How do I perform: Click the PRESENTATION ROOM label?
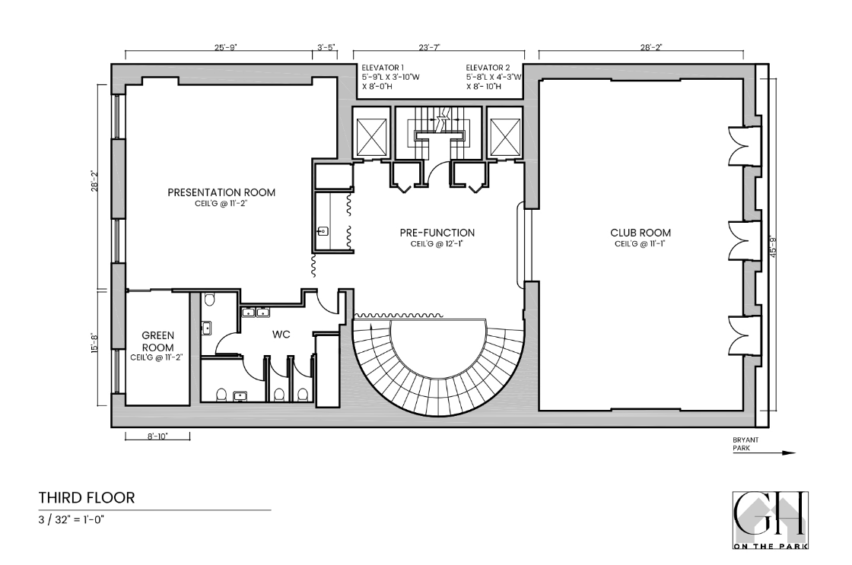click(x=221, y=192)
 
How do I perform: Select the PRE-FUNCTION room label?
click(x=437, y=233)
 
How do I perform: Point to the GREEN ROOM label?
click(x=159, y=341)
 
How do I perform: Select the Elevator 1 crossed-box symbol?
click(x=373, y=138)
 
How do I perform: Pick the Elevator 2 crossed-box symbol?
click(x=504, y=138)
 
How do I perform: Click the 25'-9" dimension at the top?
click(x=225, y=47)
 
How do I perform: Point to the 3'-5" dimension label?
click(x=326, y=47)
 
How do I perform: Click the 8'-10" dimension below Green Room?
click(x=157, y=436)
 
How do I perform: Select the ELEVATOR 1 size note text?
click(x=389, y=78)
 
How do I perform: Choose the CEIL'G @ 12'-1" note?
click(x=437, y=244)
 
